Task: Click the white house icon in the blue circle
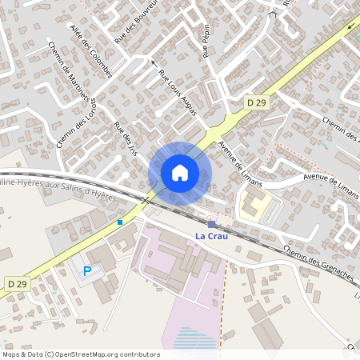[180, 173]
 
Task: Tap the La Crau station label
[215, 237]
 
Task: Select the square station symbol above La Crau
[211, 225]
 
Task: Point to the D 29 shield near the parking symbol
[18, 284]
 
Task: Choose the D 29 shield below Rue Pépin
[255, 102]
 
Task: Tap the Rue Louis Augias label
[178, 93]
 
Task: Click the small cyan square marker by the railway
[120, 222]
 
